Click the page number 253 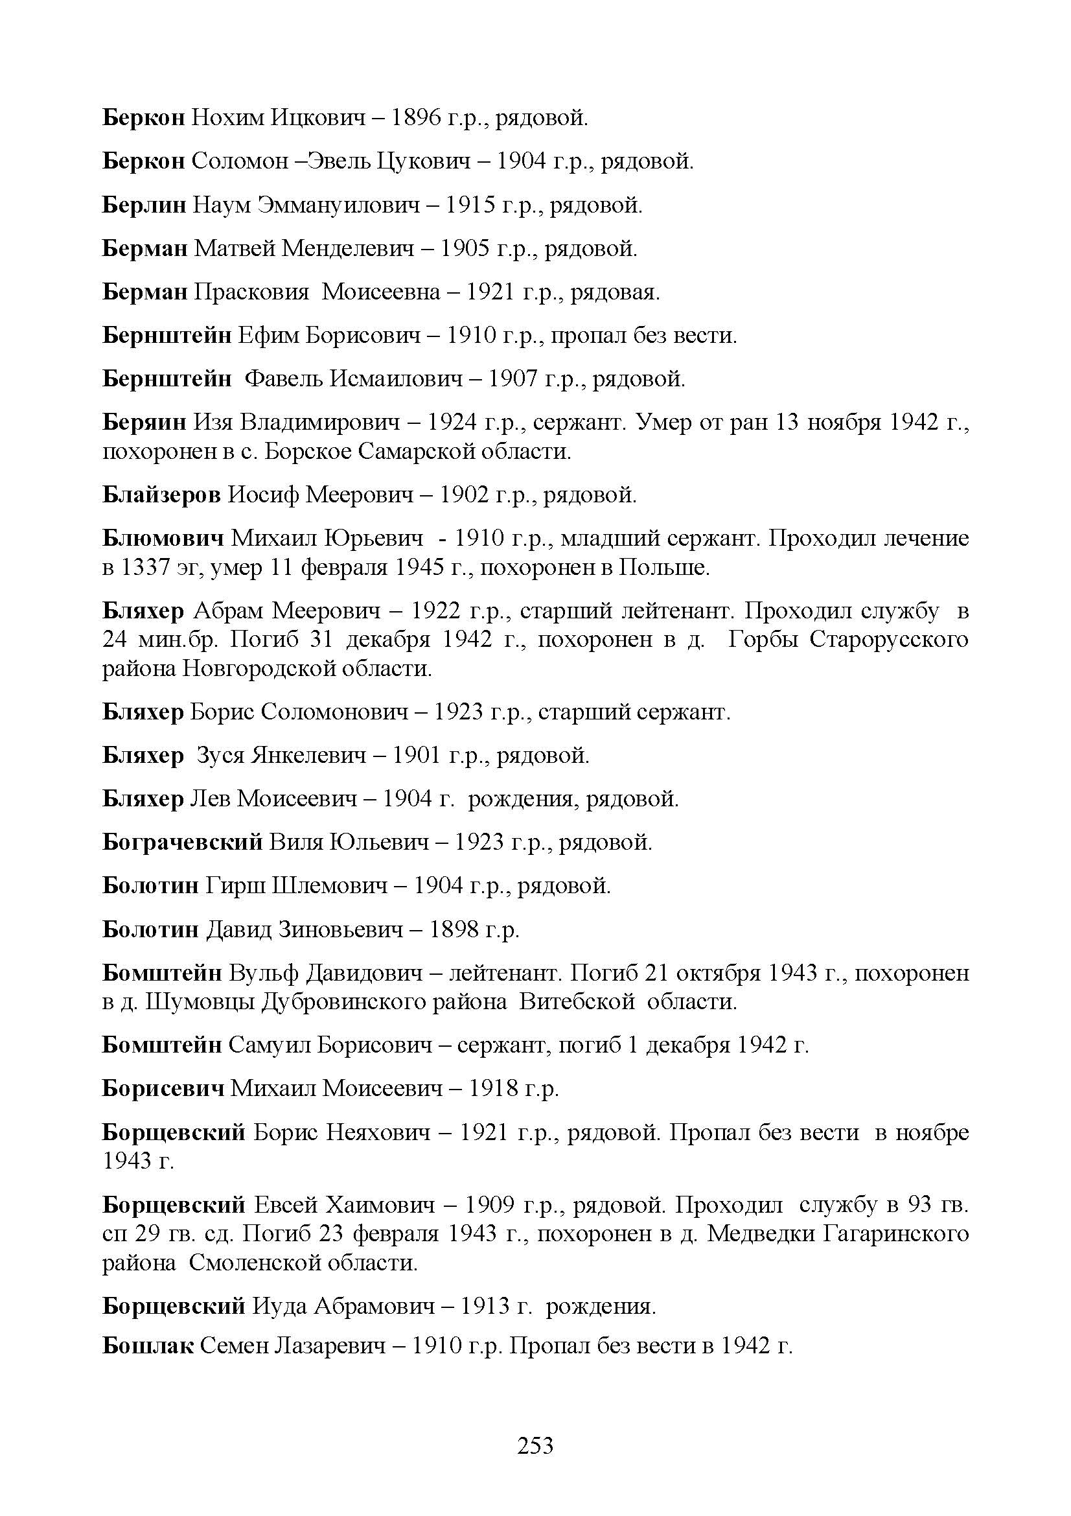535,1445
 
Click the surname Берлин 144,205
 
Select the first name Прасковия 251,292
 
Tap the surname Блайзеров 161,495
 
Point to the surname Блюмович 163,539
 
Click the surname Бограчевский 182,843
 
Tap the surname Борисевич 163,1088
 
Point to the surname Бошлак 148,1345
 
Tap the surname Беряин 144,422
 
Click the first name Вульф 257,973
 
